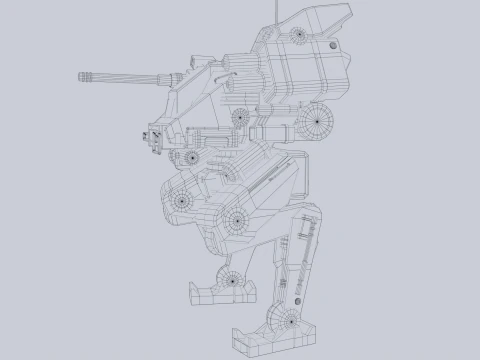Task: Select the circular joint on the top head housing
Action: click(297, 36)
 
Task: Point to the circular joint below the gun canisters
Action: click(239, 118)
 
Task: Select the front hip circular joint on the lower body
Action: click(183, 200)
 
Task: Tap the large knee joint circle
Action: click(236, 219)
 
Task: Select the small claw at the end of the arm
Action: click(155, 141)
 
